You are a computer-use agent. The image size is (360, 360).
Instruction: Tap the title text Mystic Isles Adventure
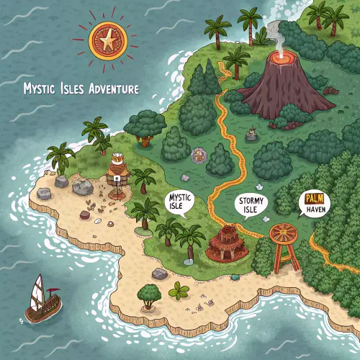81,89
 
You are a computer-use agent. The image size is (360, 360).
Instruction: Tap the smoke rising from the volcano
274,32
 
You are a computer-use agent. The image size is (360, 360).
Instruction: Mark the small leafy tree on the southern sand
149,294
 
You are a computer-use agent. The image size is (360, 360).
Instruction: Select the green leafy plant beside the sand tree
179,291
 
